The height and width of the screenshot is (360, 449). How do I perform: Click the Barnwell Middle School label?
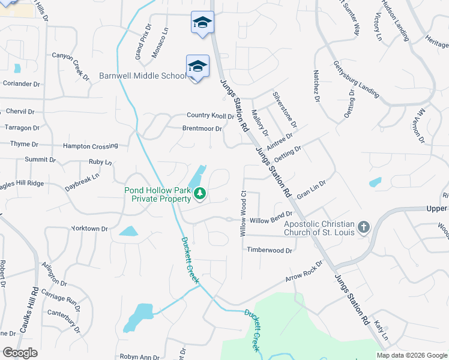pos(143,76)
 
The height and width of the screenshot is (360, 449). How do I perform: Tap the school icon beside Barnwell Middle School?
pos(197,66)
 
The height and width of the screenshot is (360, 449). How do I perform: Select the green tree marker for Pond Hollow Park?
pos(200,193)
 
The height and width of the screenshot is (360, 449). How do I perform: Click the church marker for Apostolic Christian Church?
pos(363,227)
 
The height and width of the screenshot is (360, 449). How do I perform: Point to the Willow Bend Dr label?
pos(271,220)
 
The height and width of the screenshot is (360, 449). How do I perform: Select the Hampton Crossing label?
pos(90,146)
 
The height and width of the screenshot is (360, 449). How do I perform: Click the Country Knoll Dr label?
pos(210,116)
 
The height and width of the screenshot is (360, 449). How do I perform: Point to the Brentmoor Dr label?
pos(202,128)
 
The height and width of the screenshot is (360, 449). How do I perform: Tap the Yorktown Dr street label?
pos(89,229)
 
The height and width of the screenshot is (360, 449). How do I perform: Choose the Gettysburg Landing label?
pos(357,79)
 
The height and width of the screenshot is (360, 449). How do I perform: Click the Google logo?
pos(20,353)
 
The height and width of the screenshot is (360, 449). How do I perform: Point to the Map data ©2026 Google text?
pos(411,355)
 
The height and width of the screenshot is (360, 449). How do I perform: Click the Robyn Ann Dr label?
pos(139,357)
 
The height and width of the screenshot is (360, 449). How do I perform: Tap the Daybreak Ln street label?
pos(82,179)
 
